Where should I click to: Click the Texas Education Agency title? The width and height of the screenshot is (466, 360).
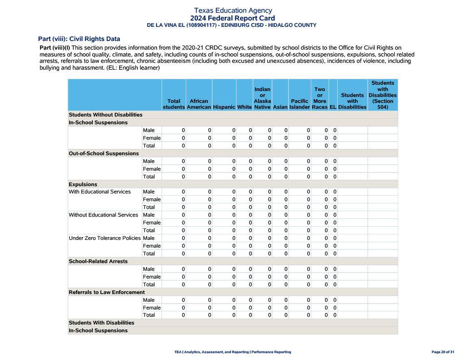click(x=233, y=10)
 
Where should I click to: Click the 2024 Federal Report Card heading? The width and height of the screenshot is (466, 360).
click(x=233, y=18)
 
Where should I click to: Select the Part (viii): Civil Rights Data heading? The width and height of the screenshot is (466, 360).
click(x=79, y=39)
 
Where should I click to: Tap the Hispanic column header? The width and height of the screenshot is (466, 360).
click(x=224, y=107)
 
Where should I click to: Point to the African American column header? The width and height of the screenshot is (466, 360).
click(x=199, y=104)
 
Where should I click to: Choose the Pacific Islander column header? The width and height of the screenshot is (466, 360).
click(x=299, y=104)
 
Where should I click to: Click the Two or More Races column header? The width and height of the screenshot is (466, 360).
click(x=319, y=98)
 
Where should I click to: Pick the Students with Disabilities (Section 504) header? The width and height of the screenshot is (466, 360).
click(x=382, y=95)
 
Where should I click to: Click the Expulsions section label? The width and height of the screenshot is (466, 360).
click(x=83, y=184)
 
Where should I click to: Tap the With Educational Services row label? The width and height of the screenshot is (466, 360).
click(x=100, y=192)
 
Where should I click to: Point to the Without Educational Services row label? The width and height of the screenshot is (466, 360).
click(x=103, y=215)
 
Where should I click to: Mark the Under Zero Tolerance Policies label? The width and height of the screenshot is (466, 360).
click(x=105, y=238)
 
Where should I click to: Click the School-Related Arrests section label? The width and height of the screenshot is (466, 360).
click(x=98, y=261)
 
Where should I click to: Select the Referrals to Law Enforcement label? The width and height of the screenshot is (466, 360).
click(x=106, y=292)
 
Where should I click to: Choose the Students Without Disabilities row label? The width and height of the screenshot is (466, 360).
click(x=106, y=115)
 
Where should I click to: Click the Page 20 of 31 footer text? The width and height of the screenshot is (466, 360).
click(x=442, y=352)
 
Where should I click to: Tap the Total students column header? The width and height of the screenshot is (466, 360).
click(x=174, y=104)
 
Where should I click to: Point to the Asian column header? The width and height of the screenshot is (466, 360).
click(x=280, y=107)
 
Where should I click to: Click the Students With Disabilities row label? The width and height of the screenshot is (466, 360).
click(x=101, y=323)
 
